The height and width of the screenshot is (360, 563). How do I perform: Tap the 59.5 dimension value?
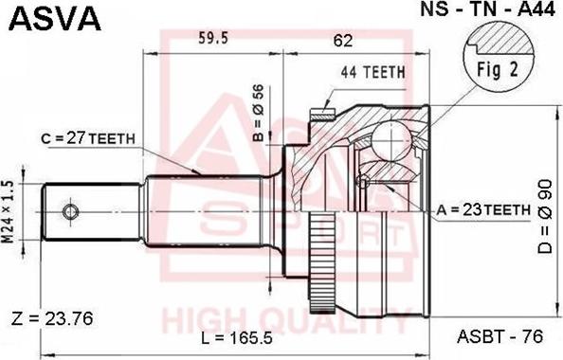click(212, 39)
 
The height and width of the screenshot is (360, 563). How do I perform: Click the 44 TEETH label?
click(372, 71)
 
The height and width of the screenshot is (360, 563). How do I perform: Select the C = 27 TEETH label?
click(89, 137)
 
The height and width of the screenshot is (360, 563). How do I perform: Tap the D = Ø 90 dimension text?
click(542, 223)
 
